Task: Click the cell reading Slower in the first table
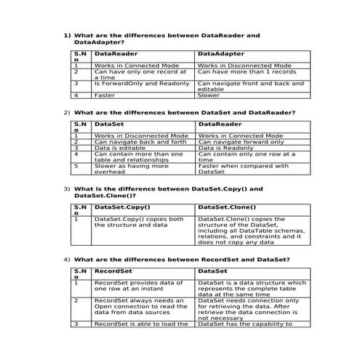pyautogui.click(x=209, y=95)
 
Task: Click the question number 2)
pyautogui.click(x=67, y=113)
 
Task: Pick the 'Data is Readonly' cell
pyautogui.click(x=225, y=148)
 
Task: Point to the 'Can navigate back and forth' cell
pyautogui.click(x=135, y=142)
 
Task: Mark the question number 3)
pyautogui.click(x=67, y=189)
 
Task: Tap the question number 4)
pyautogui.click(x=67, y=260)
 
